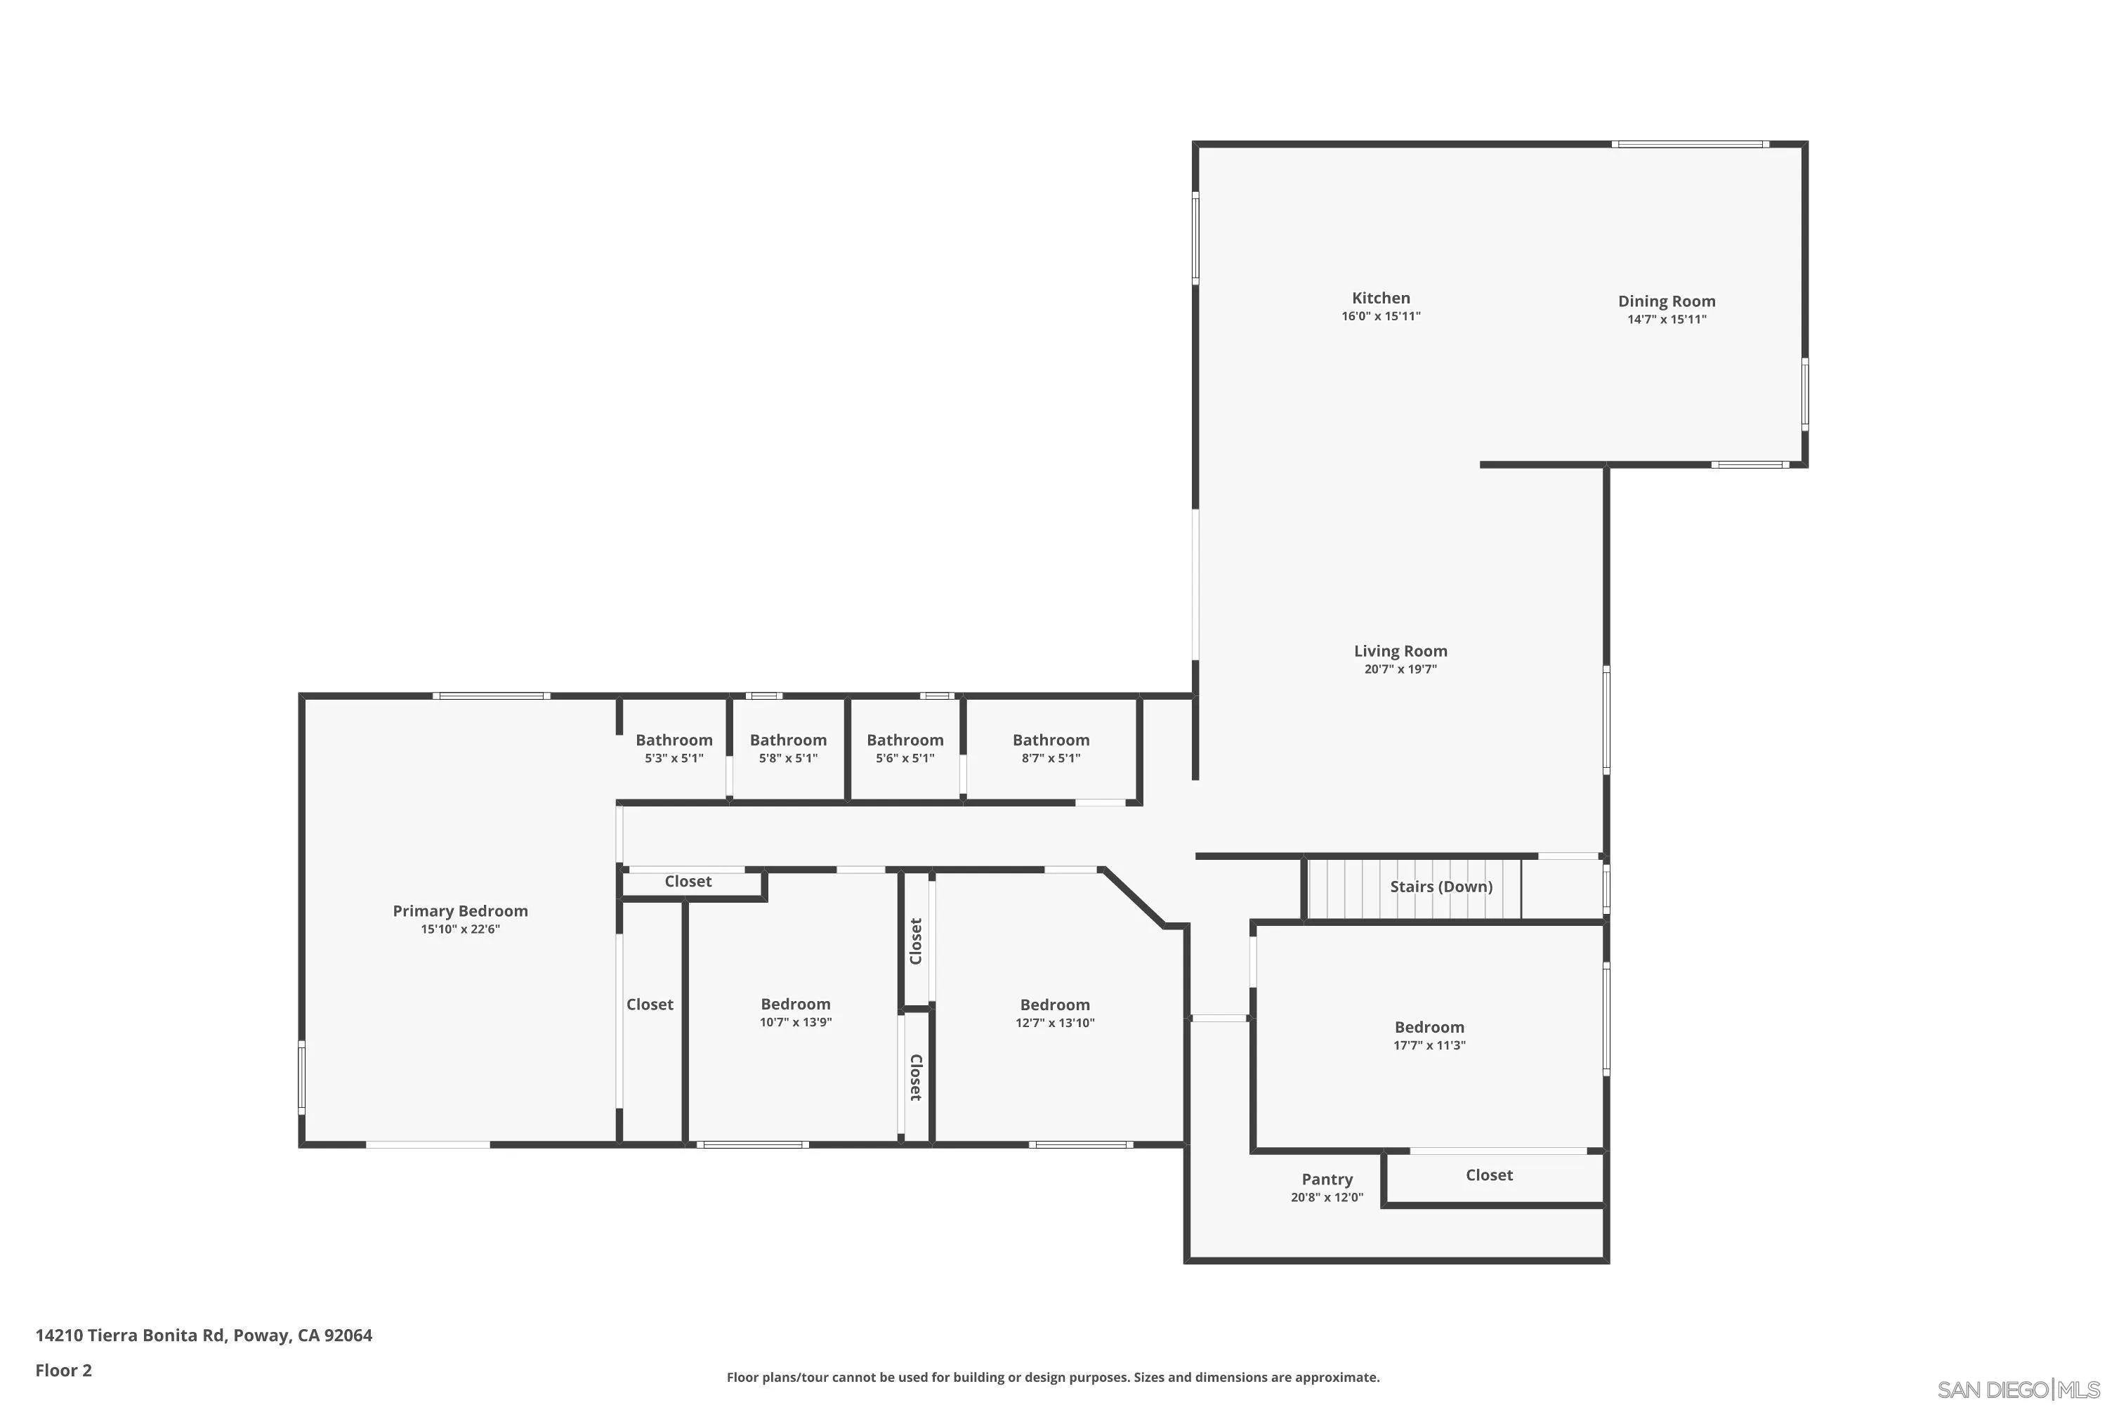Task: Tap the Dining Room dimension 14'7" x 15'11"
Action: [1666, 320]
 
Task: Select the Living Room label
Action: [1400, 651]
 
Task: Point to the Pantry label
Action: [1327, 1180]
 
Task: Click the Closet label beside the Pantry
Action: [1489, 1175]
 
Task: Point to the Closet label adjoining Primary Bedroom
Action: [650, 1005]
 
